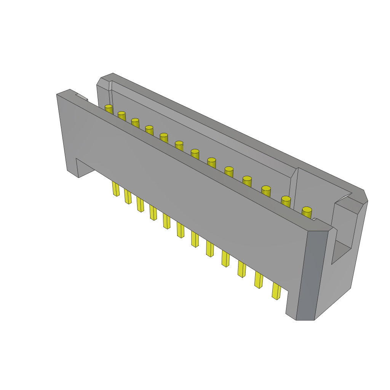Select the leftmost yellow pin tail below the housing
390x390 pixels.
coord(116,189)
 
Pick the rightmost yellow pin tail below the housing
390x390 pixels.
coord(276,291)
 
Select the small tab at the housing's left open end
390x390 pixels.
coord(82,97)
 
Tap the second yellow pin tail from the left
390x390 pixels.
coord(128,197)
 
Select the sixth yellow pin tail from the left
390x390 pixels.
coord(180,230)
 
